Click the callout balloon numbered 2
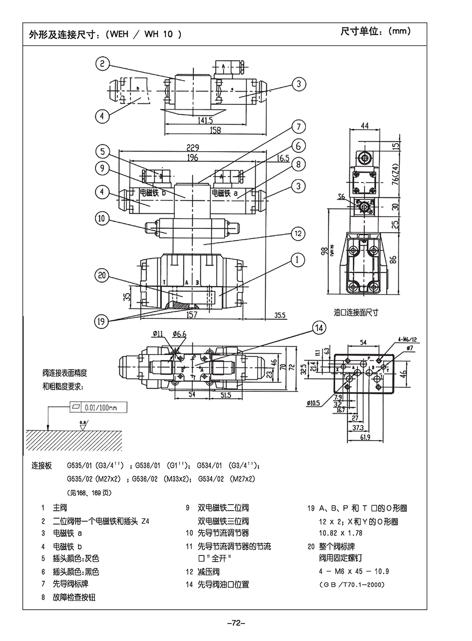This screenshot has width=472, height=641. coord(102,63)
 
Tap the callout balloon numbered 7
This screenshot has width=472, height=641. coord(298,127)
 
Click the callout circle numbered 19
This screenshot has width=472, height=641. coord(101,321)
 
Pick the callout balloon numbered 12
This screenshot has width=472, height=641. coord(298,233)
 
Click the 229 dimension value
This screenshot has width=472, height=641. coord(192,147)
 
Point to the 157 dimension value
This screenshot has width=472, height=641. coord(192,314)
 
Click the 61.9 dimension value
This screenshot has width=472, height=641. coord(365,438)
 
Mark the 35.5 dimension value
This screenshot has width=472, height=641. coord(280,315)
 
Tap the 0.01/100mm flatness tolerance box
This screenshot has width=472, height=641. coord(100,408)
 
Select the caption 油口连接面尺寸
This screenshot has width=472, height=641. coord(356,312)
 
